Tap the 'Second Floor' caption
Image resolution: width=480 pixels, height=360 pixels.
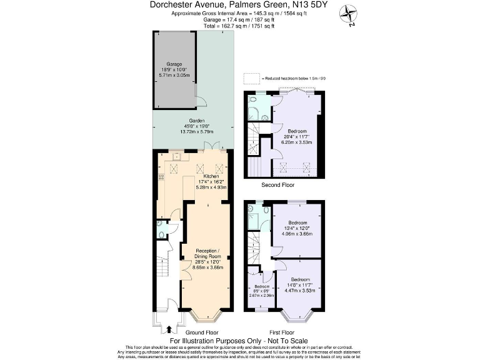point(277,185)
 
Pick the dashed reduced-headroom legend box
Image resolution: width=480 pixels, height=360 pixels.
point(251,78)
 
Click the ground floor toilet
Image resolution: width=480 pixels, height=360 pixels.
point(162,234)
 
